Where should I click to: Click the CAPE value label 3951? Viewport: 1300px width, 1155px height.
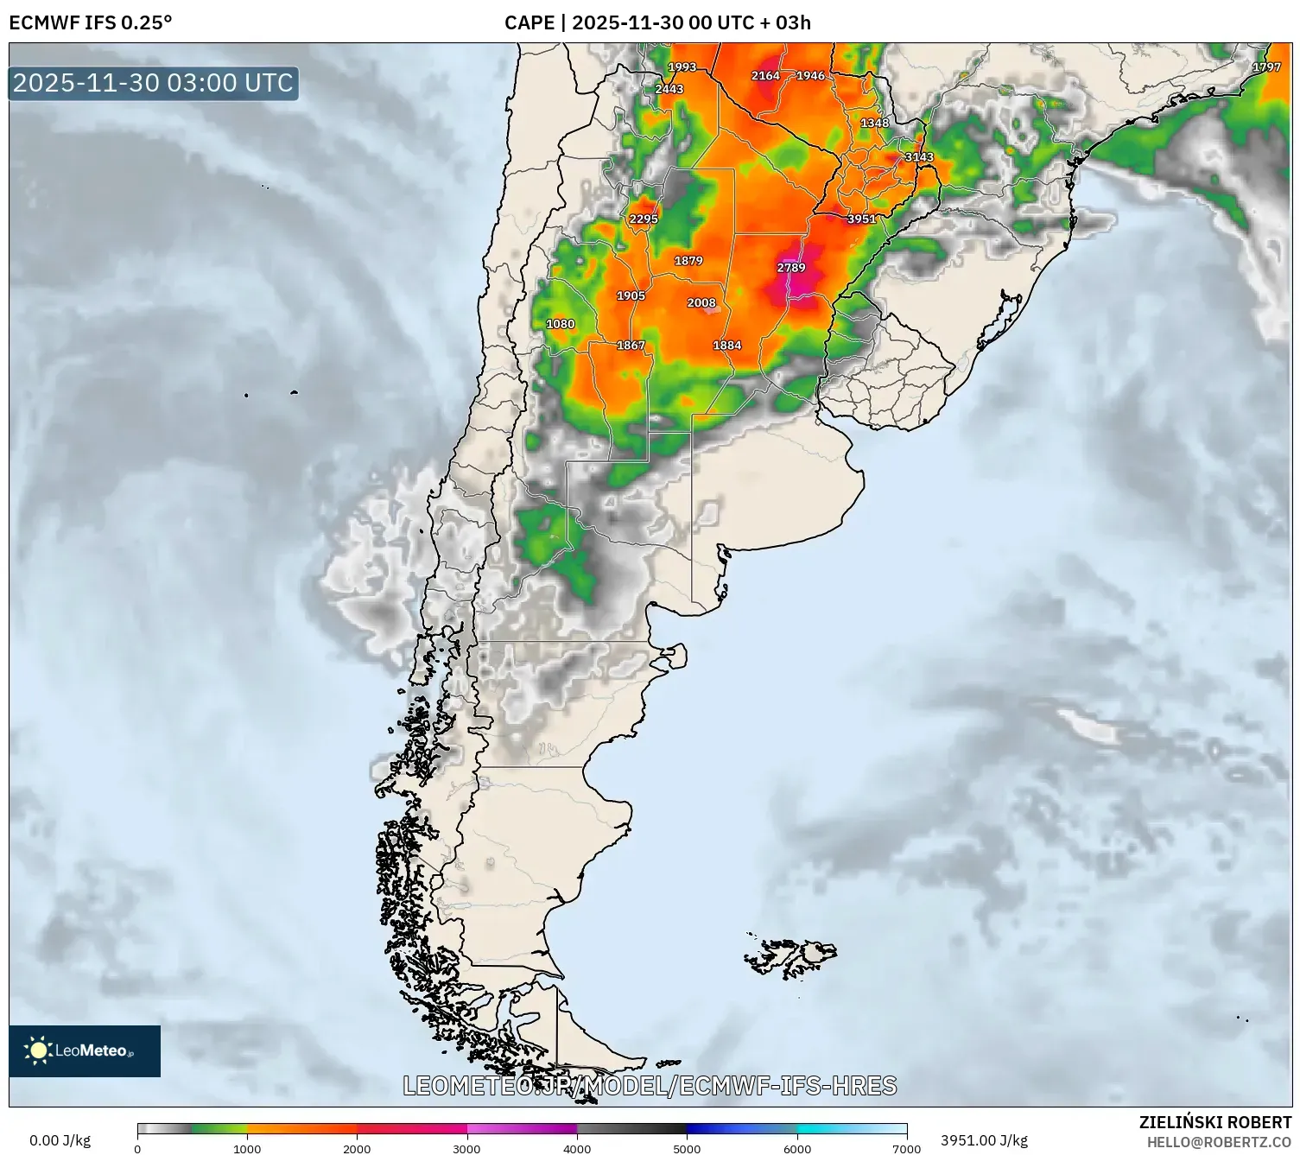861,219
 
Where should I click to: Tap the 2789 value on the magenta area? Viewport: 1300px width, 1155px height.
791,268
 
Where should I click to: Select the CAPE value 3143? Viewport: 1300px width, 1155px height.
918,156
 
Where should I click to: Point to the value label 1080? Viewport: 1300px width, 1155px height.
561,324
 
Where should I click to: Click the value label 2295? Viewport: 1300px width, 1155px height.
644,219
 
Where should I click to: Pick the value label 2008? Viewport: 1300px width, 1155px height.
701,302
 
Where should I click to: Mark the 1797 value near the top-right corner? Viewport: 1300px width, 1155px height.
1266,67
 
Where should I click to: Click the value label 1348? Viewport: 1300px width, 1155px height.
874,123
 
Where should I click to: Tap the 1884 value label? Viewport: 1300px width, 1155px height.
727,345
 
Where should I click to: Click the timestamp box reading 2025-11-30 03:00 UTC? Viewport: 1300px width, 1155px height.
154,83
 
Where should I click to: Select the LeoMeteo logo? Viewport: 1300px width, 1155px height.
85,1050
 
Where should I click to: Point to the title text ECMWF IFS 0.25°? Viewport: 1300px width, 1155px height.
91,22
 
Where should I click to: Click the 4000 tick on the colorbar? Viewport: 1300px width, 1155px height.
577,1148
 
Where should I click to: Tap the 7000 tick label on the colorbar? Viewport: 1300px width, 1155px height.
907,1148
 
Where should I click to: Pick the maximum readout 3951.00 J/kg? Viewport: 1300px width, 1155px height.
984,1140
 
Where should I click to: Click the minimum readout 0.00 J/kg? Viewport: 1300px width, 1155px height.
60,1140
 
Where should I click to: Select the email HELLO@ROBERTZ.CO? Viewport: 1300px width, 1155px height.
1219,1141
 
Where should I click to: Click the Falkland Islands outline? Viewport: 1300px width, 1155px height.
791,957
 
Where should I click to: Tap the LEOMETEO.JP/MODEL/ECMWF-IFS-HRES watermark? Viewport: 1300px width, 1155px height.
650,1085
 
